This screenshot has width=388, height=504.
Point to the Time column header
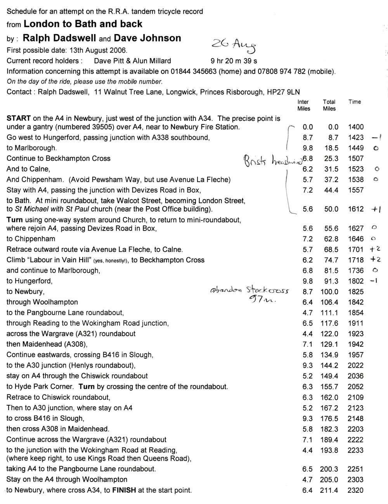click(355, 102)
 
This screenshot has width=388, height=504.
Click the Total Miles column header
click(329, 105)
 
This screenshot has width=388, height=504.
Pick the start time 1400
click(356, 127)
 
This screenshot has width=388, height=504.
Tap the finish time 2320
click(356, 490)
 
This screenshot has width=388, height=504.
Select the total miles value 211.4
click(329, 490)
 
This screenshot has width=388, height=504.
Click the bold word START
click(18, 118)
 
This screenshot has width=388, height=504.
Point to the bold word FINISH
click(125, 490)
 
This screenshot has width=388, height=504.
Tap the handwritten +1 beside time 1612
click(377, 209)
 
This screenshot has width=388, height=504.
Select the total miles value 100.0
click(329, 292)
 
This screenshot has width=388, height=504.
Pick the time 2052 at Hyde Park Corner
click(356, 387)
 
